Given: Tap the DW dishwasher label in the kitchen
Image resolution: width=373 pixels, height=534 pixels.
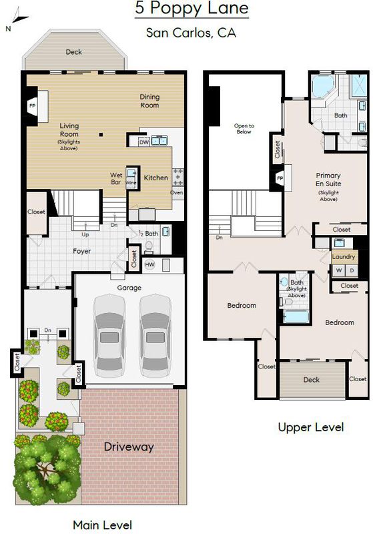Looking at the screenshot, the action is click(144, 142).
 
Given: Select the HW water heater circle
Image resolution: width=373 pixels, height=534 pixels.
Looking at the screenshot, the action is click(149, 264).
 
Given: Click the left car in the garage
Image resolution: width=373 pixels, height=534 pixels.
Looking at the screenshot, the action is click(109, 336).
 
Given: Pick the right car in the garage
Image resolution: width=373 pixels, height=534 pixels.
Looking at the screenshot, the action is click(155, 336).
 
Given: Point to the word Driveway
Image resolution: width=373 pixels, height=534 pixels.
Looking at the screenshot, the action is click(129, 447).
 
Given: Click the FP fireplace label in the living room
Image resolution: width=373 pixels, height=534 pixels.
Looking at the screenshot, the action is click(32, 105).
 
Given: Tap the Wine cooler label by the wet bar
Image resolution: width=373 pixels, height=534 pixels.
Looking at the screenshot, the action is click(131, 183).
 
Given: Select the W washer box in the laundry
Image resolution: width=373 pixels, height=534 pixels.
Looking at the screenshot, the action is click(338, 270).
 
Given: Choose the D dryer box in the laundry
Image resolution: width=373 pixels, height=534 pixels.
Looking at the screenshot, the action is click(352, 270).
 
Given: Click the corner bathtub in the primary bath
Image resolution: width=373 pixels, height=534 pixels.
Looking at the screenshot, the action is click(323, 85).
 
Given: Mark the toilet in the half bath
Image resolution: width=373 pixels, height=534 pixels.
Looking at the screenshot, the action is click(149, 246).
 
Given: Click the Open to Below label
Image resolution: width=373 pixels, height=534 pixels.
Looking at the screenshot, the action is click(244, 129).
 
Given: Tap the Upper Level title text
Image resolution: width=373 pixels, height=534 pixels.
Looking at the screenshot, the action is click(311, 427).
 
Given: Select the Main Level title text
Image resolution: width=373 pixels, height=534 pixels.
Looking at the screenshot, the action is click(103, 525).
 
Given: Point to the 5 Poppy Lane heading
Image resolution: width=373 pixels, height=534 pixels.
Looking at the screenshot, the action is click(192, 8).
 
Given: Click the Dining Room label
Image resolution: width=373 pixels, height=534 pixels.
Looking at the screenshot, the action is click(149, 101).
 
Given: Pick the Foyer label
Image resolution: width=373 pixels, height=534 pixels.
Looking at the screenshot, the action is click(81, 251).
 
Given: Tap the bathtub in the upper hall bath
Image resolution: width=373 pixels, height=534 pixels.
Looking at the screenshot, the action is click(296, 316).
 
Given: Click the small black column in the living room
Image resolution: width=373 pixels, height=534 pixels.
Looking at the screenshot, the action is click(101, 135).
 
